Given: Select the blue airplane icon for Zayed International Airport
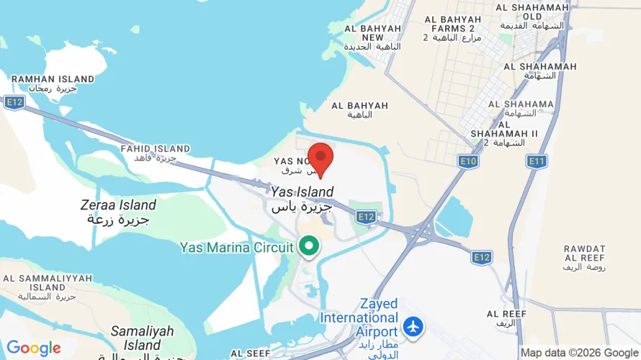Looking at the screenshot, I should [x=413, y=325].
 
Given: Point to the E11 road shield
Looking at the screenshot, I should [x=536, y=161].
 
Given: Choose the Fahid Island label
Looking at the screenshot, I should [x=155, y=153].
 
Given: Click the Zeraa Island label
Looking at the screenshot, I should [x=118, y=212].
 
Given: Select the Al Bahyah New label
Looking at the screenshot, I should [x=372, y=37].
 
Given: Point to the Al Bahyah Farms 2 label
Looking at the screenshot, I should [x=452, y=28].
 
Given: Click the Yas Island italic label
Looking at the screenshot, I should [x=302, y=199].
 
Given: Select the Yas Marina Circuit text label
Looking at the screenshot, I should [x=236, y=248].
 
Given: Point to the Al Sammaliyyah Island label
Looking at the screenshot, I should [x=48, y=287].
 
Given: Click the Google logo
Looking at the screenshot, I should [x=34, y=348].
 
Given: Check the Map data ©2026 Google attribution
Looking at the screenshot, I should [x=579, y=353].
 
